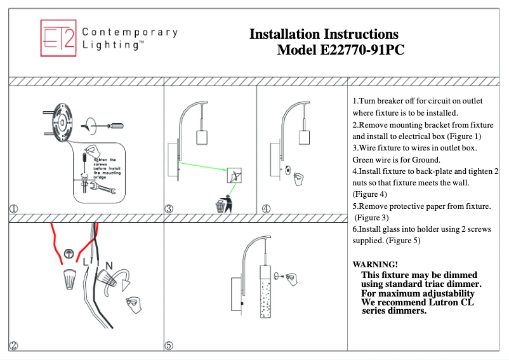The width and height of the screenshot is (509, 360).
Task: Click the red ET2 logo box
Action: click(58, 37)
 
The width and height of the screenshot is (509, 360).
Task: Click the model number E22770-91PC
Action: click(340, 50)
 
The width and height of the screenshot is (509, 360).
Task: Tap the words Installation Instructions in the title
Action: click(324, 34)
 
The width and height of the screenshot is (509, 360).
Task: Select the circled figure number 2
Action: click(13, 345)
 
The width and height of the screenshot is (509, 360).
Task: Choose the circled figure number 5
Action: click(169, 345)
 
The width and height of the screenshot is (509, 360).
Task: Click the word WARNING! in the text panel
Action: click(375, 263)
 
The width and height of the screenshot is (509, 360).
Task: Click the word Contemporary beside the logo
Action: click(130, 32)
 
